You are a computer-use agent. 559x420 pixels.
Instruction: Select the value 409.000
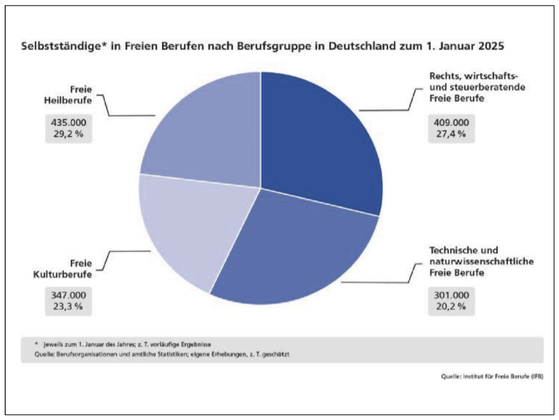451,123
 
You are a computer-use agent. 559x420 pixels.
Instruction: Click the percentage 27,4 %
451,134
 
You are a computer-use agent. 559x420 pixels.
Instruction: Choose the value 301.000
451,295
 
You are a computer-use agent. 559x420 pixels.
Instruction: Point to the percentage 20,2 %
451,306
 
